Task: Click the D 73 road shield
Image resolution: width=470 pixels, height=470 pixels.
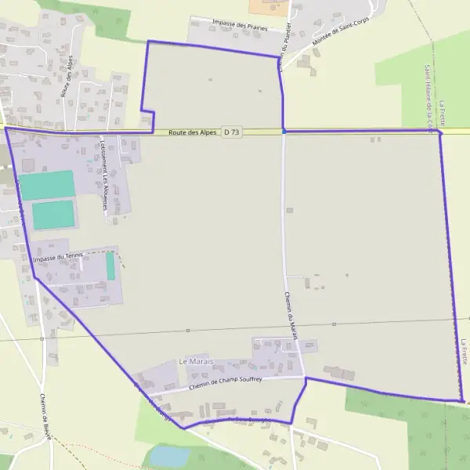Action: point(231,132)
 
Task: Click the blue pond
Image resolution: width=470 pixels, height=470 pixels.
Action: point(169,456)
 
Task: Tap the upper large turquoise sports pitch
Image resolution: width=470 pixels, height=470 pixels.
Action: point(47,185)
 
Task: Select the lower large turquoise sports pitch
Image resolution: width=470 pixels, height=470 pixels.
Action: point(53,215)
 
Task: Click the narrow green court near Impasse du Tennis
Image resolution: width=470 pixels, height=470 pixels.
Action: point(110,266)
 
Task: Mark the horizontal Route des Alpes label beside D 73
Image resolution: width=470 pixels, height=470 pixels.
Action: point(192,132)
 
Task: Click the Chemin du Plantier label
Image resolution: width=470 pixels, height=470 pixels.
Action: point(286,47)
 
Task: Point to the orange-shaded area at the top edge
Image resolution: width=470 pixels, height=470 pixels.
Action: point(269,6)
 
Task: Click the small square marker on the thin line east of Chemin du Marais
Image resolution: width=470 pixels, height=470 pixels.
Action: point(334,324)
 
